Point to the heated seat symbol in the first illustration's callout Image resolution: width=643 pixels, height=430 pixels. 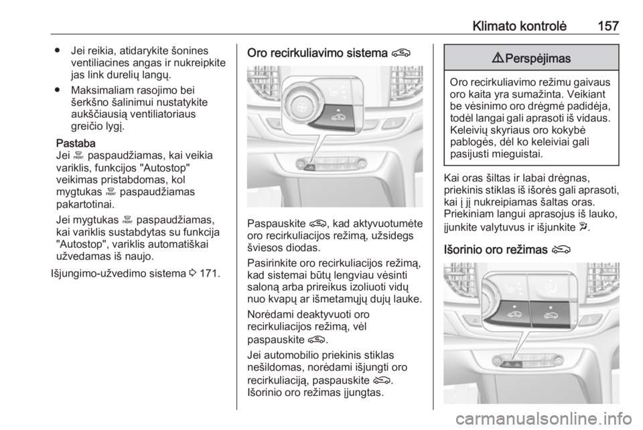coord(331,90)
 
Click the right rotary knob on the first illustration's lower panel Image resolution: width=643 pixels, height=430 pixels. coord(362,164)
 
